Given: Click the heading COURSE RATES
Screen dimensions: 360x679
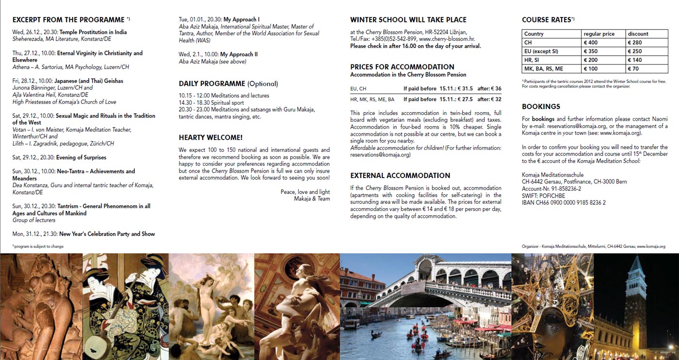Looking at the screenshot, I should click(547, 20).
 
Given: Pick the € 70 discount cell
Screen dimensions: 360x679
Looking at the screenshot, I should click(635, 69).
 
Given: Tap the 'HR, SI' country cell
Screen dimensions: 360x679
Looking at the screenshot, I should click(532, 60).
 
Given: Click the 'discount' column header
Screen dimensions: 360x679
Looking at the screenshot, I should click(638, 34).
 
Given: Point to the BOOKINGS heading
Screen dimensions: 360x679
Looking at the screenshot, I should click(541, 107).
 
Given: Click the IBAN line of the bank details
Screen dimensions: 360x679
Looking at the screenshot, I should click(564, 203).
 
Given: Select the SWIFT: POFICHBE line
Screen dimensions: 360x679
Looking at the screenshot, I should click(543, 196).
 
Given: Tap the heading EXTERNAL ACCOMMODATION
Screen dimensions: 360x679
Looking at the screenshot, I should click(400, 176).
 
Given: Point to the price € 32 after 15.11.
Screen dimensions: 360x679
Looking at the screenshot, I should click(495, 99).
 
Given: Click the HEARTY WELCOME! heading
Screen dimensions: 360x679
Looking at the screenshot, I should click(210, 138).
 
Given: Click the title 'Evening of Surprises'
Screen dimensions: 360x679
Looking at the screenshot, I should click(81, 158).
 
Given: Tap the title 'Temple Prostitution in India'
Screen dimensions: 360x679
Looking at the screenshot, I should click(93, 33).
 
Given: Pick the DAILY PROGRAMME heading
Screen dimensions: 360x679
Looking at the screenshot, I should click(212, 83).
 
